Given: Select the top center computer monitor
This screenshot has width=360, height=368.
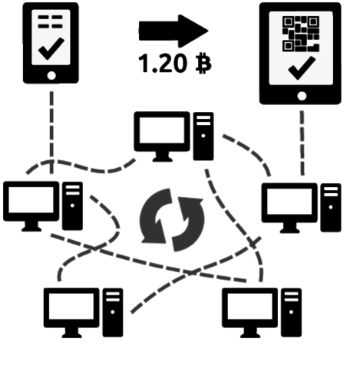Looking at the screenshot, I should point(161,132).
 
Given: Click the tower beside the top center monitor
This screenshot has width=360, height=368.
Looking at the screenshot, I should point(203,136).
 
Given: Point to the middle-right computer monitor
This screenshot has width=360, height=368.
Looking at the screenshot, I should point(289,203).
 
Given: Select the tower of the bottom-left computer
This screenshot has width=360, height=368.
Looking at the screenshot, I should point(114,312).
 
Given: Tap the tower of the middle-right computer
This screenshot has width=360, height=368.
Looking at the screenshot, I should point(331,207).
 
